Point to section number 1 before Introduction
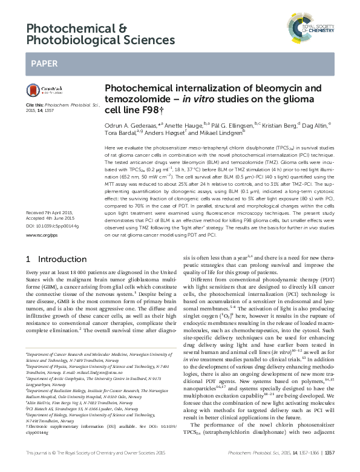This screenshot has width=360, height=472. (x=28, y=258)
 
